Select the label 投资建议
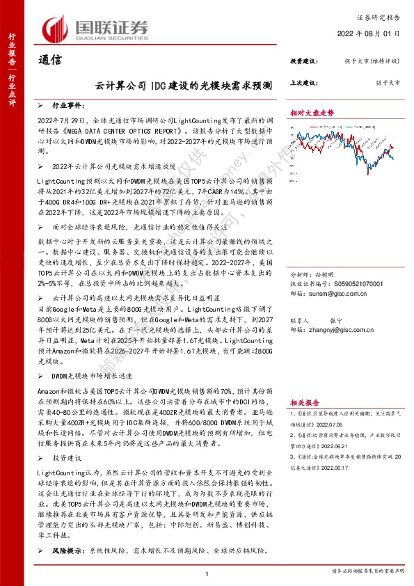304,61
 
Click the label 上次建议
304,82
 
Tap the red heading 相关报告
304,402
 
